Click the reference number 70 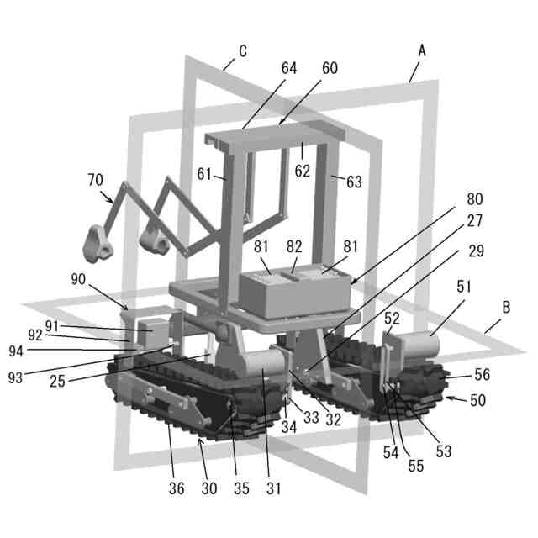click(x=95, y=180)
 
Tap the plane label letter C click(x=243, y=51)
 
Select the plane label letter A click(x=422, y=51)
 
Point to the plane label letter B click(x=506, y=307)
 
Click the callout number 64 click(x=289, y=68)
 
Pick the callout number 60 click(x=330, y=68)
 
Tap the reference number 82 click(x=294, y=246)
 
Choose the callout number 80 click(x=475, y=199)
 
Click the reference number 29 click(x=477, y=251)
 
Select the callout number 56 click(x=482, y=374)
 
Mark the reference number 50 click(x=477, y=400)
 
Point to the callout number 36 click(x=177, y=488)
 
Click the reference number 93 click(x=15, y=377)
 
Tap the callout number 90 click(x=78, y=279)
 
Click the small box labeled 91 click(x=153, y=332)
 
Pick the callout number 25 click(x=57, y=381)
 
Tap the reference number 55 click(x=416, y=466)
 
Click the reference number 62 click(x=303, y=171)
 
